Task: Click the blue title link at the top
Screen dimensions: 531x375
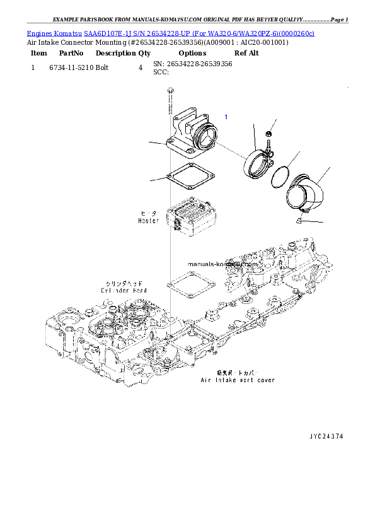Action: tap(170, 33)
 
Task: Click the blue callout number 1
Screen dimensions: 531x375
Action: tap(226, 117)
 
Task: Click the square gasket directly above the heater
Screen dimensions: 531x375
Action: tap(188, 177)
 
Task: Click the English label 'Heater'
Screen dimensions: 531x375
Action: tap(149, 221)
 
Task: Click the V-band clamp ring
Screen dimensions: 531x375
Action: tap(258, 164)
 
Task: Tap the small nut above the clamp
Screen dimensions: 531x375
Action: tap(269, 134)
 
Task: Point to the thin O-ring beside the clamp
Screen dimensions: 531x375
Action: tap(281, 177)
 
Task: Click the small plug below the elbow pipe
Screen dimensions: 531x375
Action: tap(298, 219)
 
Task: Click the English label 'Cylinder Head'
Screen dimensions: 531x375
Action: tap(124, 290)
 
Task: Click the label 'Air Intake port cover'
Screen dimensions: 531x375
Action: tap(238, 380)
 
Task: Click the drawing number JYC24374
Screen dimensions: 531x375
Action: tap(326, 436)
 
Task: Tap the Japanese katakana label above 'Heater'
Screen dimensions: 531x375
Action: tap(149, 214)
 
